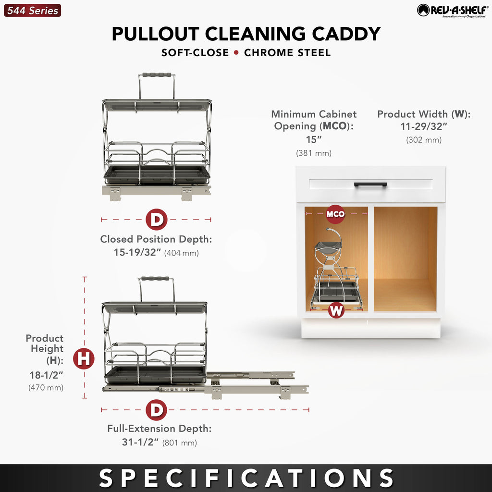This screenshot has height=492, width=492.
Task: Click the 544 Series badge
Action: [32, 11]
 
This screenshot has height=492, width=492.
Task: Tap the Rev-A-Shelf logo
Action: [453, 11]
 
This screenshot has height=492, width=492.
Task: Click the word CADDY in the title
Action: [346, 34]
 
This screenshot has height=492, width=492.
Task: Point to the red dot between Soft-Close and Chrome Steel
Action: [236, 52]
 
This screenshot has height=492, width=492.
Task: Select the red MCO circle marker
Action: [335, 214]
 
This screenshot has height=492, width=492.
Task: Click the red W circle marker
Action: [336, 310]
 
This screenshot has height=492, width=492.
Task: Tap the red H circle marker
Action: [84, 358]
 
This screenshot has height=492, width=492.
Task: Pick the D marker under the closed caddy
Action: [156, 219]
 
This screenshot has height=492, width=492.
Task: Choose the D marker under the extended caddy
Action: [156, 410]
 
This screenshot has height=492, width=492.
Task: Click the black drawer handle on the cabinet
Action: [370, 184]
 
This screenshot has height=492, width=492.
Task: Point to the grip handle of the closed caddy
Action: [157, 75]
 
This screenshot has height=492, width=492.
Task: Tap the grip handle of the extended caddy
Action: [155, 278]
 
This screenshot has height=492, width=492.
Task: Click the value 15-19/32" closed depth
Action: [137, 252]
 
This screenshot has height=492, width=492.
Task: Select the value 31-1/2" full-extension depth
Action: [140, 442]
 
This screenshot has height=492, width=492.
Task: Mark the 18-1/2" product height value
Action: [47, 375]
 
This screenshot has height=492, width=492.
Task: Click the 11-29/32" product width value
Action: [424, 126]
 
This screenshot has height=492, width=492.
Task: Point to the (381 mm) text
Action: [314, 153]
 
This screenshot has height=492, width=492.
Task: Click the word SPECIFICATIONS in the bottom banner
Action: [246, 478]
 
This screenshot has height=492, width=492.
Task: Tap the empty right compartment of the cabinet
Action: [405, 259]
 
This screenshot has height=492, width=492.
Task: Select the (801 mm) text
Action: [180, 443]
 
